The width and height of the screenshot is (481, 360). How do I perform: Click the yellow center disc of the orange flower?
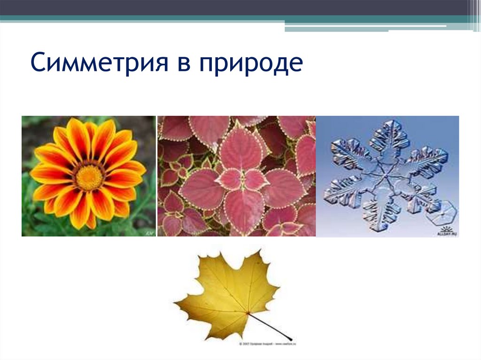(89, 177)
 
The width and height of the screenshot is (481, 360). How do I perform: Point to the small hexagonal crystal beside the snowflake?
(442, 212)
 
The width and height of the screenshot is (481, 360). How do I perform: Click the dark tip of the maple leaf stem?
(292, 338)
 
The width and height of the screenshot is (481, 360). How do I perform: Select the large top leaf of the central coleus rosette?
(240, 149)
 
